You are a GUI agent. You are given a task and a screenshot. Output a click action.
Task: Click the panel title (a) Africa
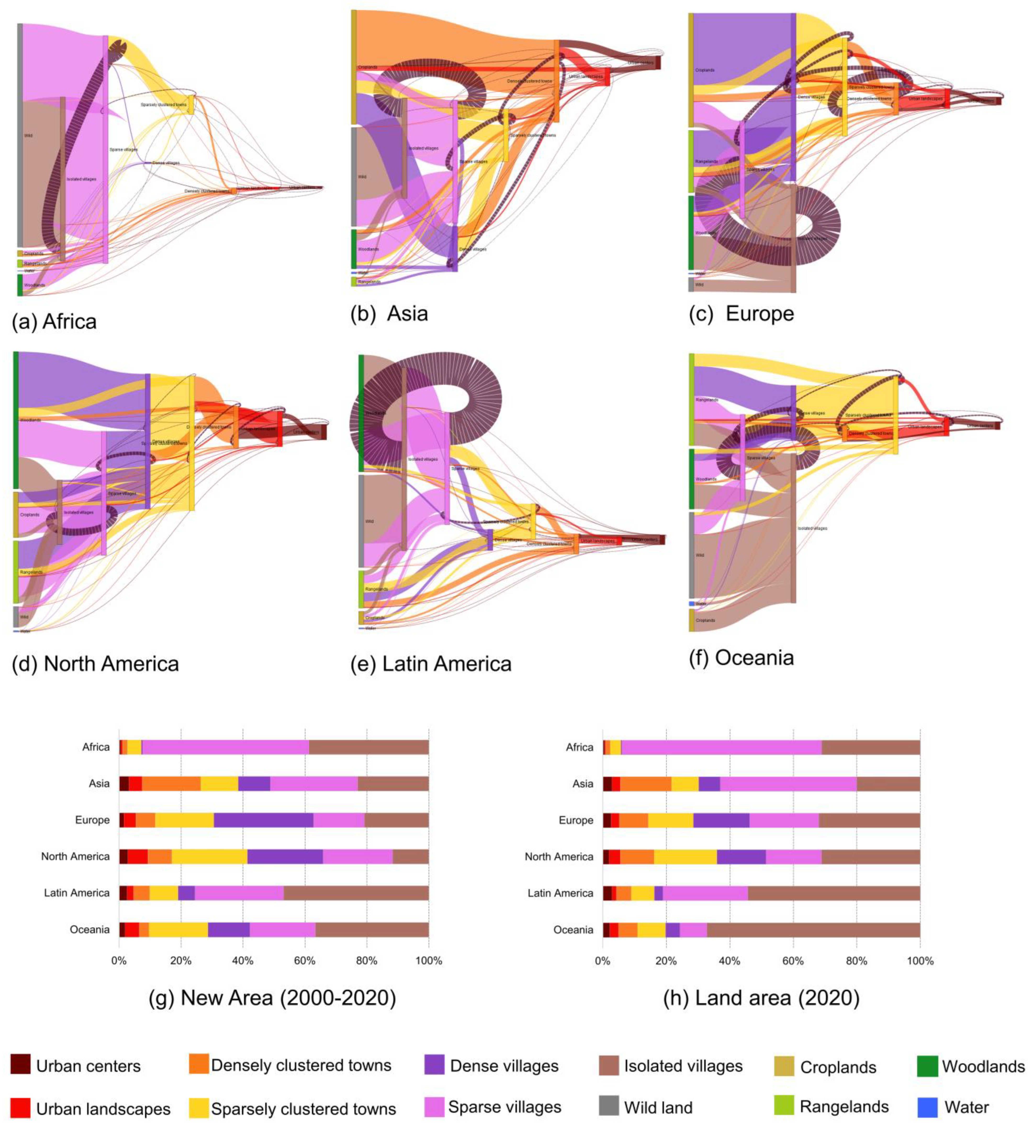pyautogui.click(x=54, y=322)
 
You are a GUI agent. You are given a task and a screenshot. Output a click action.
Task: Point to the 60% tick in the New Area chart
pyautogui.click(x=304, y=961)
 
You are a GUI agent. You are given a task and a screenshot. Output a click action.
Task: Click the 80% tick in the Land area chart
pyautogui.click(x=856, y=961)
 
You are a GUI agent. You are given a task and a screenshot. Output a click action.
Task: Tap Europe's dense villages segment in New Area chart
pyautogui.click(x=263, y=820)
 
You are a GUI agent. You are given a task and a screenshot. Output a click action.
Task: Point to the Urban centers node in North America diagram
pyautogui.click(x=323, y=432)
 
